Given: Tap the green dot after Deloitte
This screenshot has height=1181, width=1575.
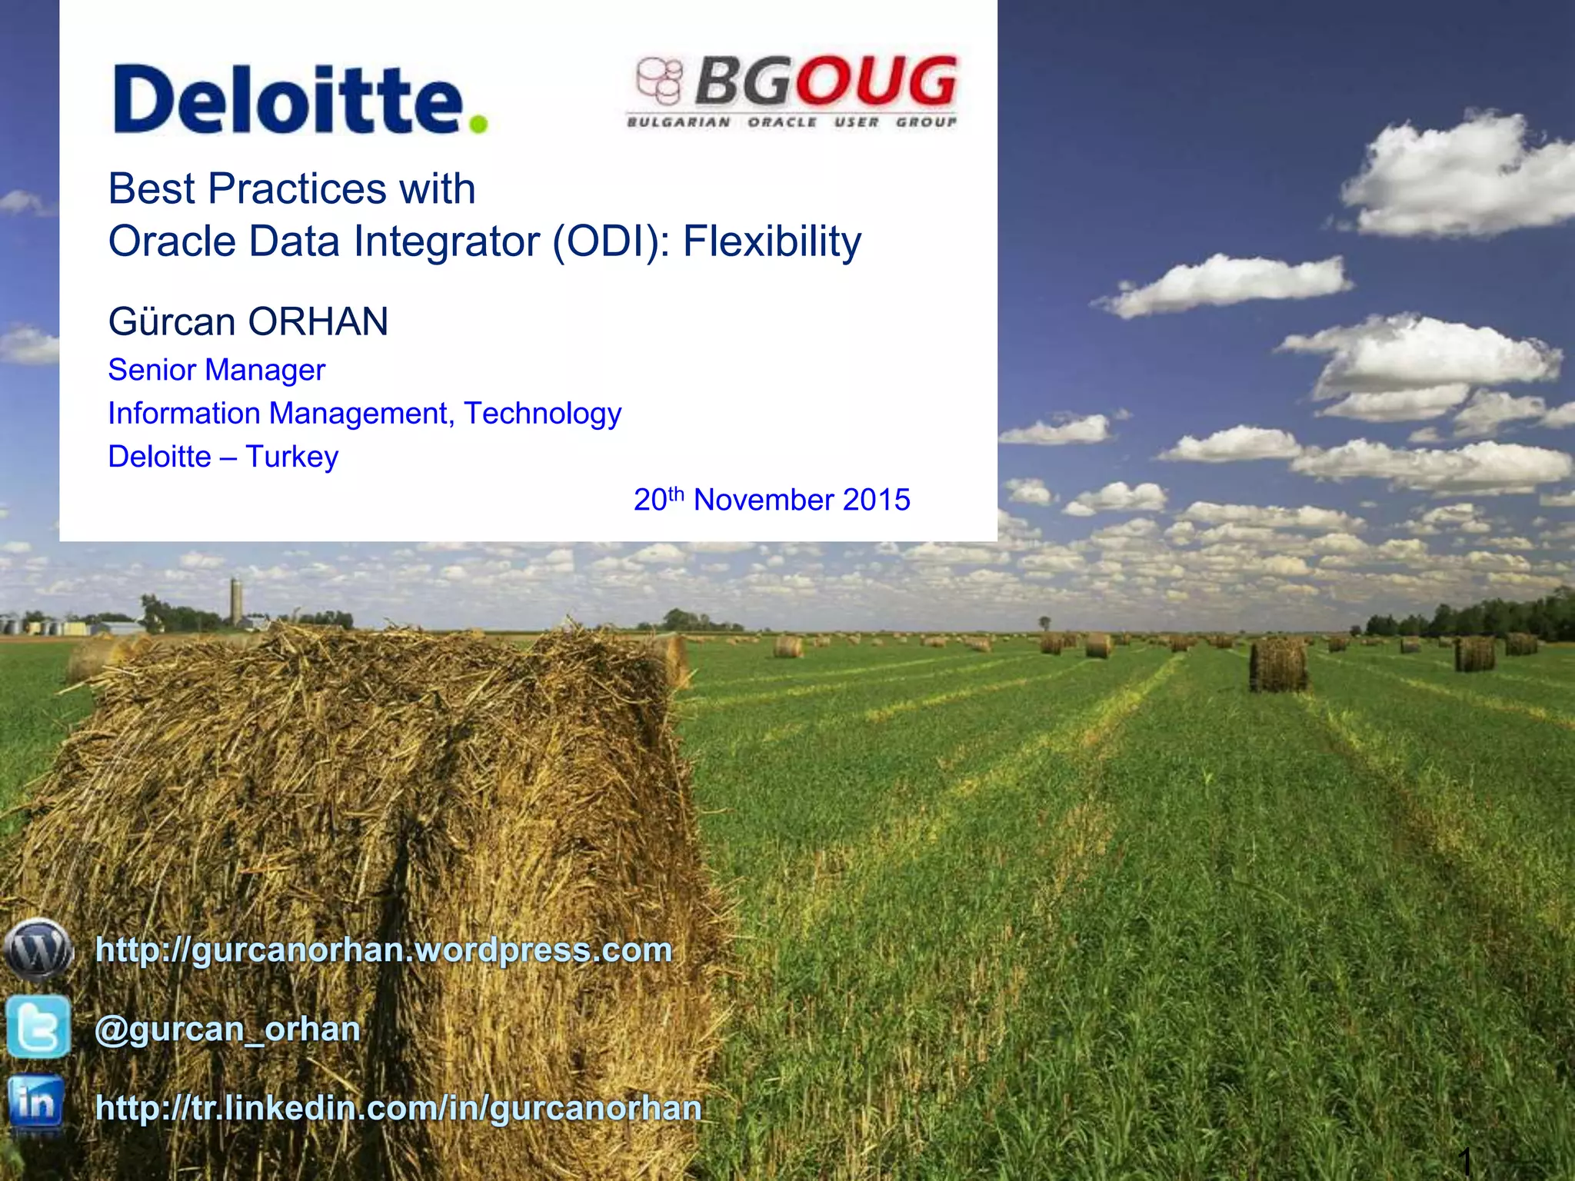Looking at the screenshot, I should (478, 123).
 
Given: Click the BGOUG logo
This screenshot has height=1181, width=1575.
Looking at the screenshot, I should (792, 91).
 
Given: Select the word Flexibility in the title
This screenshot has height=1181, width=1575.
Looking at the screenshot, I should (772, 241).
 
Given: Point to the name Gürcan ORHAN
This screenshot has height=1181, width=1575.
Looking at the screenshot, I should (248, 321).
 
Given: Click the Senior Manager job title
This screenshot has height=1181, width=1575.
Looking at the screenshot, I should (216, 370).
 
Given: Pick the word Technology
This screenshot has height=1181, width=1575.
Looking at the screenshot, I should (542, 414).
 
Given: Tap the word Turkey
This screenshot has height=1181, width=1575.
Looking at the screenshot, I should (291, 457).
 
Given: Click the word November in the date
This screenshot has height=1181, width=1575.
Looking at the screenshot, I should (763, 500).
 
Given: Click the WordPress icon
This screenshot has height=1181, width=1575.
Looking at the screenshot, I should (38, 950).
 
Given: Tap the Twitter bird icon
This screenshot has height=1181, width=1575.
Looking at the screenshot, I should (38, 1026).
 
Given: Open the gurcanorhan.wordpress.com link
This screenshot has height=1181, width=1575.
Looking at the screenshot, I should (383, 950).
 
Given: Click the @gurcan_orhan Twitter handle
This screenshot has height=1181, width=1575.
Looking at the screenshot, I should (227, 1029).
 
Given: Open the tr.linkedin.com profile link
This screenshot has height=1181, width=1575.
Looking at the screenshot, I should (398, 1108).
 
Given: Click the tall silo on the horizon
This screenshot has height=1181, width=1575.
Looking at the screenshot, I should (236, 601).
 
